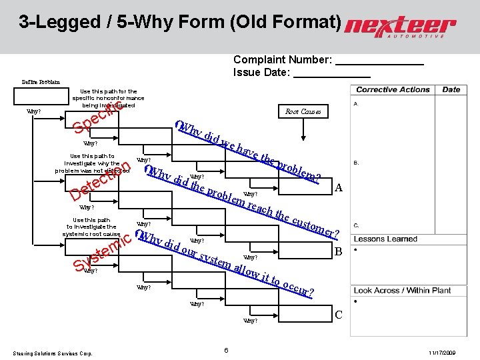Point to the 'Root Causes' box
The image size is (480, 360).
(x=303, y=112)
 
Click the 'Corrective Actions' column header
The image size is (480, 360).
(x=393, y=89)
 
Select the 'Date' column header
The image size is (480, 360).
(x=451, y=89)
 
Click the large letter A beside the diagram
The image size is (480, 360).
(x=339, y=189)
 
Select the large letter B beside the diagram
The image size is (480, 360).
(x=339, y=252)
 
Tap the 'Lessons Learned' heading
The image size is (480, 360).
(x=385, y=239)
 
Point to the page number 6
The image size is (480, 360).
(x=227, y=351)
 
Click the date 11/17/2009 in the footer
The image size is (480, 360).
(x=442, y=352)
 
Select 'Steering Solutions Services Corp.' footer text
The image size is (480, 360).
(x=53, y=353)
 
